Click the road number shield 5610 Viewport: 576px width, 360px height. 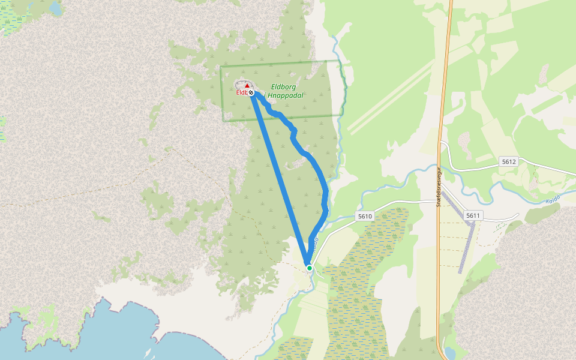click(364, 216)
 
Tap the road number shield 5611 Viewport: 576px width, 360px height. click(473, 215)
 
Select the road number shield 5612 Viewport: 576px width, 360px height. click(509, 162)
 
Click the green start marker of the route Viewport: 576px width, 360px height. click(309, 268)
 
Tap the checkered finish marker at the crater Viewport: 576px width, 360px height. click(251, 93)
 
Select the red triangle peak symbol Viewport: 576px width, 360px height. click(247, 86)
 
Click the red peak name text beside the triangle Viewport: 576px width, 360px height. click(241, 92)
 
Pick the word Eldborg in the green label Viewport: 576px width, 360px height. click(283, 86)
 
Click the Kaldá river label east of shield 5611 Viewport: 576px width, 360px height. click(553, 199)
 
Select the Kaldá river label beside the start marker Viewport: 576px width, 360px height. click(314, 242)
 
